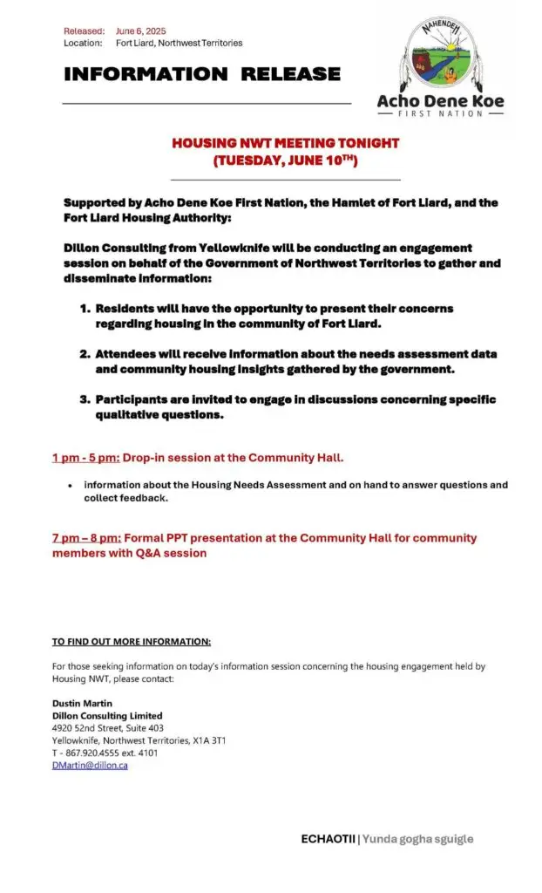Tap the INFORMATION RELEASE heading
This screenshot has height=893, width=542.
201,74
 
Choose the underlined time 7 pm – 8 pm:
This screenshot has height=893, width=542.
86,538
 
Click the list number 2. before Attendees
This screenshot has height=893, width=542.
85,354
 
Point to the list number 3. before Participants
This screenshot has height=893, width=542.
85,399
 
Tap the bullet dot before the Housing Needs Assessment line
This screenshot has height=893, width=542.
69,486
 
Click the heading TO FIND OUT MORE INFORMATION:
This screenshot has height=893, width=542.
131,642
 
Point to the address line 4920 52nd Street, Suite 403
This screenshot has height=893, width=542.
107,727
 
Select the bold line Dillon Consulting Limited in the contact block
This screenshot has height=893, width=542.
107,715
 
